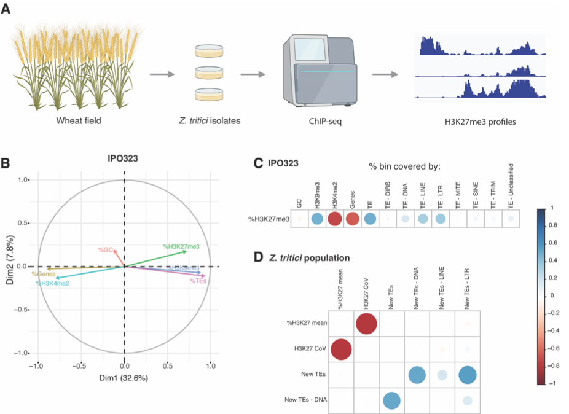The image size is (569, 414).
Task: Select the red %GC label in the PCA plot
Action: click(x=107, y=249)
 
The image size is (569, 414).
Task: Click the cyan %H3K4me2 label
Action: click(x=52, y=283)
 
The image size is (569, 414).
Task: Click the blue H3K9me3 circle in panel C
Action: click(x=316, y=219)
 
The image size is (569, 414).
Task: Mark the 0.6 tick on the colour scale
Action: click(x=552, y=243)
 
